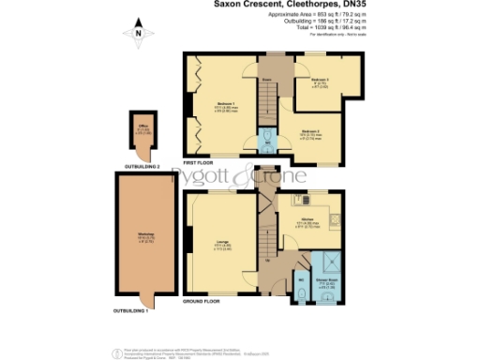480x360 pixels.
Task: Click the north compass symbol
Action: (x=138, y=36)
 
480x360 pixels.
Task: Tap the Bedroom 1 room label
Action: (x=225, y=102)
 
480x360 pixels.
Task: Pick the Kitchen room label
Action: (x=307, y=221)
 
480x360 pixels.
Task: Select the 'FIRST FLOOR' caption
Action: (x=202, y=163)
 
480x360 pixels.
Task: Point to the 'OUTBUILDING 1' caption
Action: (x=132, y=309)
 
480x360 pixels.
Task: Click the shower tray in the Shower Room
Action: (x=330, y=262)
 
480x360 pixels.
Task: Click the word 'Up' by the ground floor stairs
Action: (x=270, y=260)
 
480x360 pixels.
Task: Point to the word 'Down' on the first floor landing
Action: (x=267, y=81)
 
